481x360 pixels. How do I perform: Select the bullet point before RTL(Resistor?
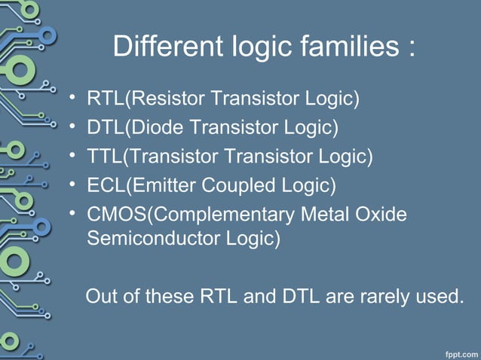click(72, 99)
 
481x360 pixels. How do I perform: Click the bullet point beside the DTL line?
click(72, 127)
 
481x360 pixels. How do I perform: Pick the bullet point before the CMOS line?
click(72, 213)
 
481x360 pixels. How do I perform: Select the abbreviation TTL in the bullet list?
click(104, 156)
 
